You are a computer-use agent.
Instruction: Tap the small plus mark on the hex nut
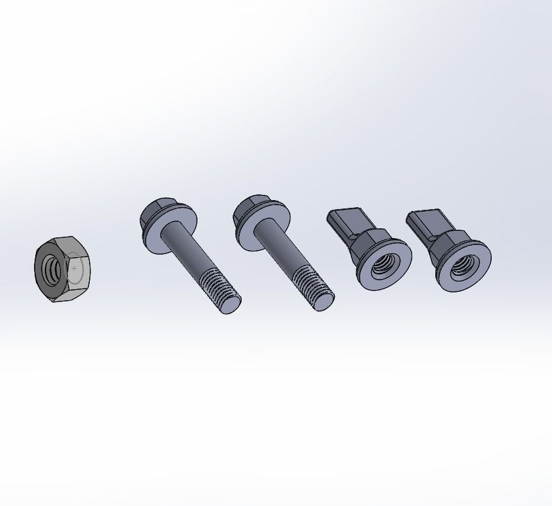[x=74, y=267]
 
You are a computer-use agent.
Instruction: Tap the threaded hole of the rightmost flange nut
[x=463, y=266]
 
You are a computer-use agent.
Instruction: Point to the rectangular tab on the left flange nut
[x=346, y=222]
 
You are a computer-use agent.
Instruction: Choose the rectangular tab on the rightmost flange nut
[x=426, y=223]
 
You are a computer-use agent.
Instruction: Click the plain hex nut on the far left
[x=62, y=269]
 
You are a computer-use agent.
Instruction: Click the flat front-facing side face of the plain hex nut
[x=77, y=273]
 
